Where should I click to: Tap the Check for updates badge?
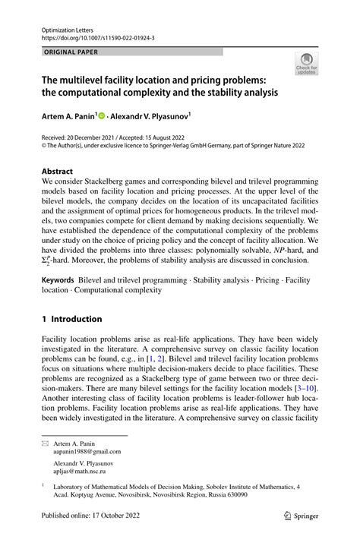tap(306, 65)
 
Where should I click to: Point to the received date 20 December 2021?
tap(97, 135)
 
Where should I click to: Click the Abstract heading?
tap(58, 172)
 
